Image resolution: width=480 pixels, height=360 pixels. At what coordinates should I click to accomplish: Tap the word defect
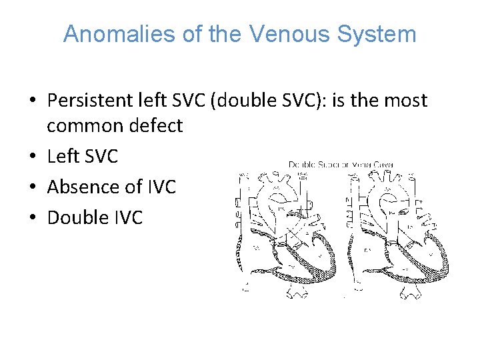point(158,125)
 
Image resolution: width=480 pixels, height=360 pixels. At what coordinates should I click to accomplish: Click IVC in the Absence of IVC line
point(159,187)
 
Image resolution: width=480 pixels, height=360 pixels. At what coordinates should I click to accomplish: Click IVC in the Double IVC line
point(127,217)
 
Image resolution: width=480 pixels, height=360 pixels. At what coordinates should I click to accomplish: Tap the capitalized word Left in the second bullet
point(62,157)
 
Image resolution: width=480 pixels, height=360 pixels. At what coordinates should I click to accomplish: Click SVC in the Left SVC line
point(99,157)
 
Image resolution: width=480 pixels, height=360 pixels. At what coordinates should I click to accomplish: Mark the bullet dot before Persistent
point(33,101)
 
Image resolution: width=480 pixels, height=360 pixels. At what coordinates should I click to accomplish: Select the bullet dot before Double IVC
point(33,218)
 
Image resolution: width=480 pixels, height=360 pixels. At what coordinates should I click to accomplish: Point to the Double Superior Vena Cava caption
point(341,164)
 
